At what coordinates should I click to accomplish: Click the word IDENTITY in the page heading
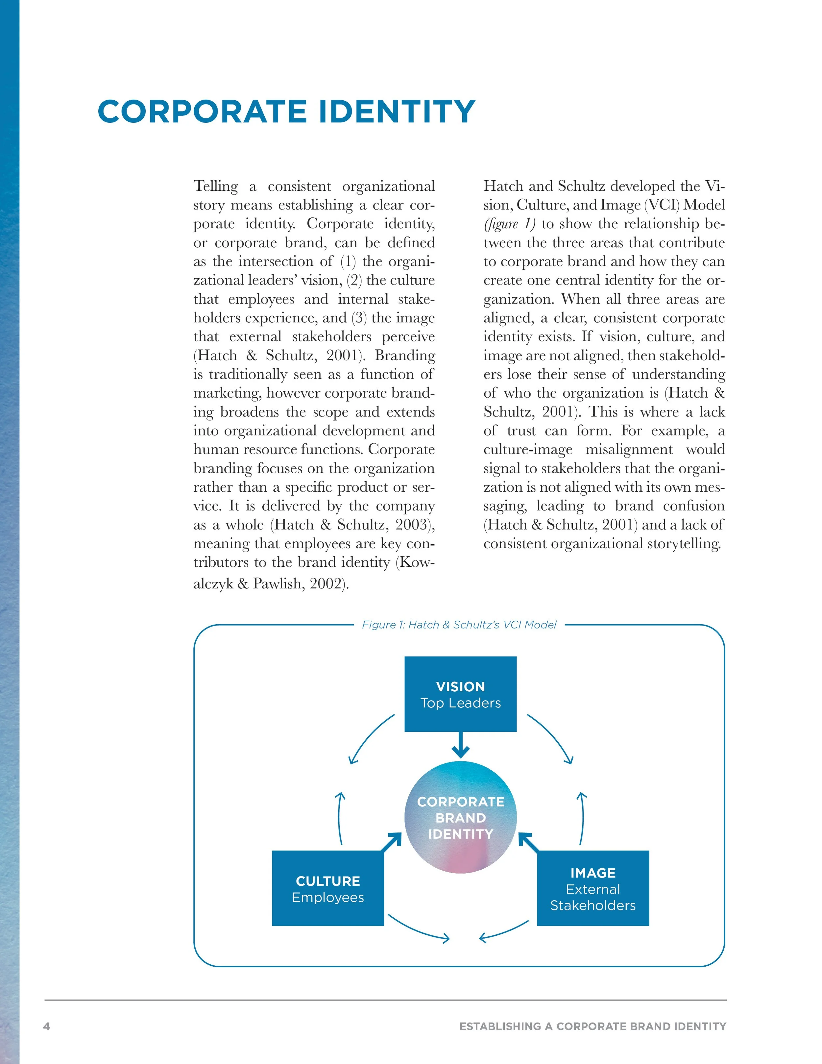pos(397,111)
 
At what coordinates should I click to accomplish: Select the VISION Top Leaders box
pos(460,694)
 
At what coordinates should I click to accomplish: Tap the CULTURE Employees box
pos(328,888)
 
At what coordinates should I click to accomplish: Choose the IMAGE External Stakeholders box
pos(592,888)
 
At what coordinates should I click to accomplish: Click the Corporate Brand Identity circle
pos(460,817)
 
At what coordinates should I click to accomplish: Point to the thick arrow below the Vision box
pos(460,745)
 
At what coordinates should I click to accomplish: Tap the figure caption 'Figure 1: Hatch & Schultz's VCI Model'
pos(459,625)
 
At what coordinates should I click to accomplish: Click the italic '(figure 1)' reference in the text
pos(509,224)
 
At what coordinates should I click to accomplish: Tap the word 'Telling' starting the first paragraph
pos(216,186)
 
